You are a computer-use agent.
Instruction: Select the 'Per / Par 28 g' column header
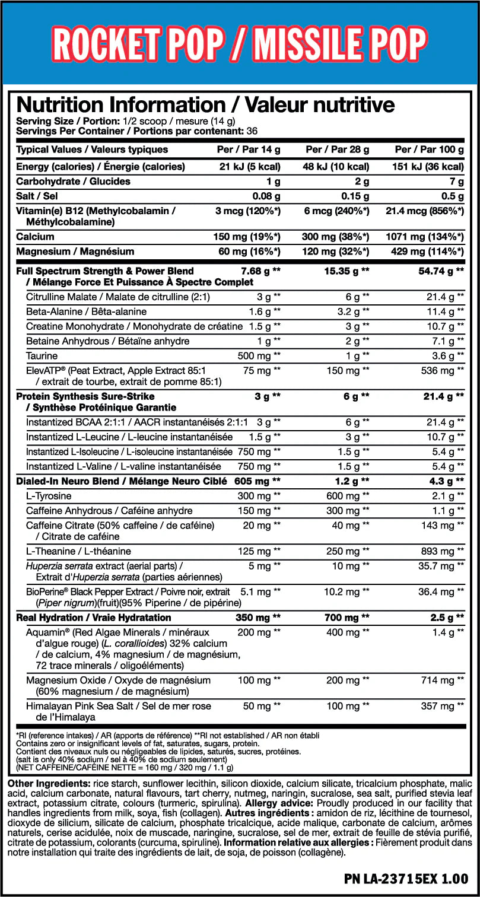click(x=337, y=149)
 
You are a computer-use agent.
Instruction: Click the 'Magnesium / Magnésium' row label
click(x=75, y=252)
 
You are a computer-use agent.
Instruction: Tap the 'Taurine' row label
click(x=42, y=356)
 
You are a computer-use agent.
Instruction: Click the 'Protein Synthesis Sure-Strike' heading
click(x=85, y=396)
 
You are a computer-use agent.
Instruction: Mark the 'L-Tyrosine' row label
click(x=49, y=496)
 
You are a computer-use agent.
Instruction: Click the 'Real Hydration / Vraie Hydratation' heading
click(x=94, y=618)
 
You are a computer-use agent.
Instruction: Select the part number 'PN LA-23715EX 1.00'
click(x=406, y=878)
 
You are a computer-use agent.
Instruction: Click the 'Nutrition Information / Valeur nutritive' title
click(x=205, y=105)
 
